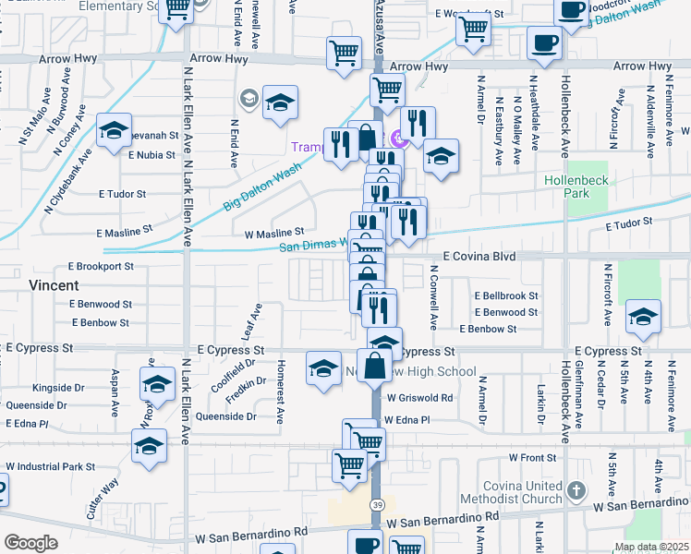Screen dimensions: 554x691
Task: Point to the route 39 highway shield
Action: pyautogui.click(x=378, y=505)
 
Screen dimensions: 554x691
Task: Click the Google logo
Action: pyautogui.click(x=30, y=543)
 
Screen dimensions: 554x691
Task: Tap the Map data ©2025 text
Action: pyautogui.click(x=650, y=547)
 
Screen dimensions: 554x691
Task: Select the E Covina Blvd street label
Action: pyautogui.click(x=479, y=256)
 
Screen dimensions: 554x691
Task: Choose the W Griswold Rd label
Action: pyautogui.click(x=419, y=398)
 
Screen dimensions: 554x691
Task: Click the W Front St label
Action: pyautogui.click(x=536, y=457)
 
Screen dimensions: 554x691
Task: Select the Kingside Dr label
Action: pyautogui.click(x=58, y=388)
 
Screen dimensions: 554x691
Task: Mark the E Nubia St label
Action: pyautogui.click(x=152, y=155)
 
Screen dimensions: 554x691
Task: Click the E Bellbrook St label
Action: pyautogui.click(x=506, y=295)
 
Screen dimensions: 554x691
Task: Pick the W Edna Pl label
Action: pyautogui.click(x=407, y=419)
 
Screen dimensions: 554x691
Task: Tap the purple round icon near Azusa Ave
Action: pyautogui.click(x=399, y=139)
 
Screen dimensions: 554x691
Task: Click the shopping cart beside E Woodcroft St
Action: pyautogui.click(x=473, y=29)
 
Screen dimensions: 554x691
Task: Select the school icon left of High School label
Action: pyautogui.click(x=323, y=369)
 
